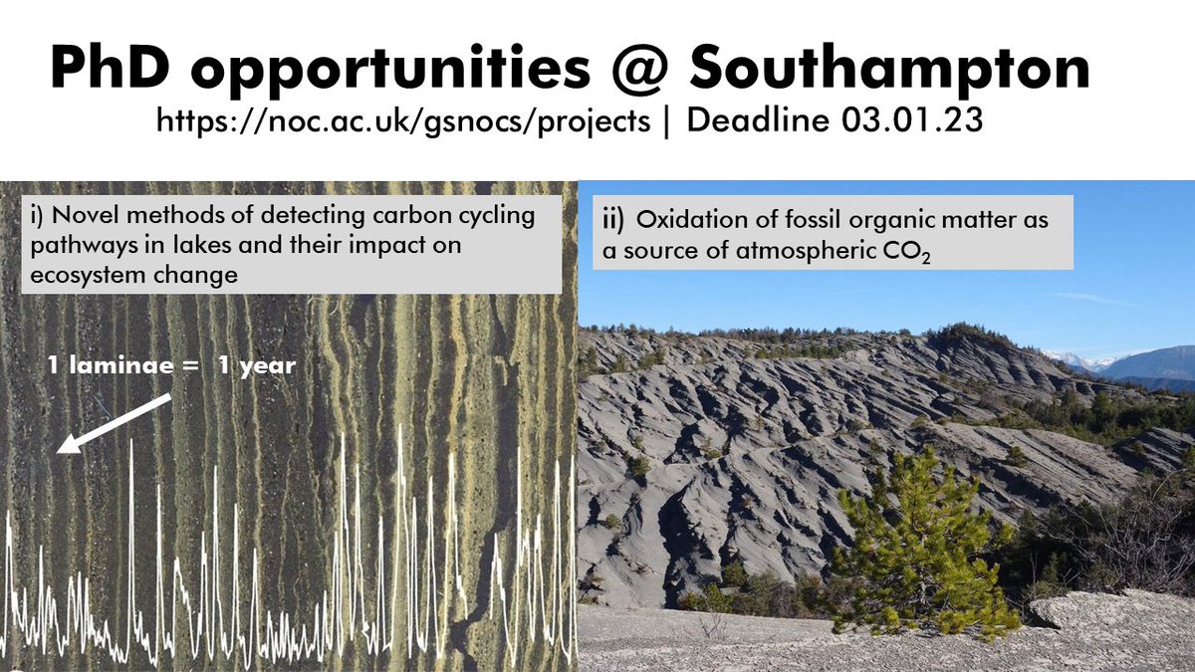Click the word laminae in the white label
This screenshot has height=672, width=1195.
136,365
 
